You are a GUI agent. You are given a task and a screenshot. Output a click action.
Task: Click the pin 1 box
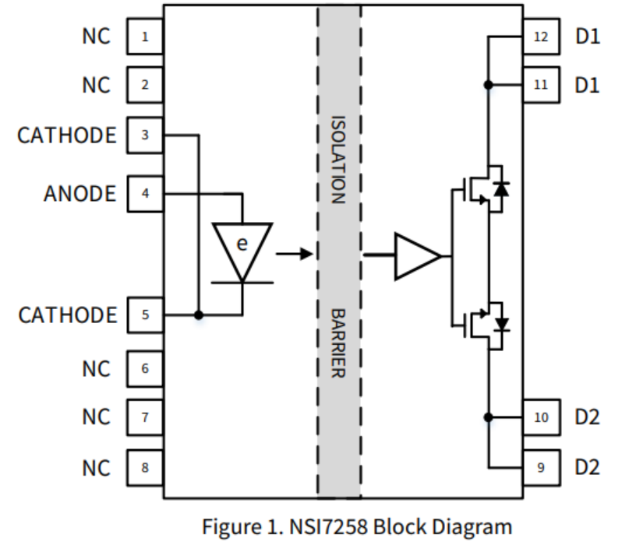144,37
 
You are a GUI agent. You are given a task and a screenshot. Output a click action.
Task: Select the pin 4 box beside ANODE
144,193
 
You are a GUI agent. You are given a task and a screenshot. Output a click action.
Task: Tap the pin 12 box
541,37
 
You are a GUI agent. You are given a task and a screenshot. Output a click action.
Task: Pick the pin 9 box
541,468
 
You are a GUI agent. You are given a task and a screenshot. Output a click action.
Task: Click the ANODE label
79,193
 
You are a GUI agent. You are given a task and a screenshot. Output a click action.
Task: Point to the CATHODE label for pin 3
66,135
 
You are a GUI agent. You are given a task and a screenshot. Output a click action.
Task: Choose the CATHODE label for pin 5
67,315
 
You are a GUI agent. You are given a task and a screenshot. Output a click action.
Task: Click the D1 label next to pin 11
588,84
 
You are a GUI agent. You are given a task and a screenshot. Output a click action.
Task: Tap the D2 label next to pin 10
588,417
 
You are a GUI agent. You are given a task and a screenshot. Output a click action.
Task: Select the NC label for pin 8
97,468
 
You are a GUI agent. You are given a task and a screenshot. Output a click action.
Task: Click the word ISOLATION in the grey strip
338,160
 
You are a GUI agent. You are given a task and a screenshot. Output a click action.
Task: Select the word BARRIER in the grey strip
338,343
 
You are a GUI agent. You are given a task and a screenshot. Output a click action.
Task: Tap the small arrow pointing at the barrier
294,254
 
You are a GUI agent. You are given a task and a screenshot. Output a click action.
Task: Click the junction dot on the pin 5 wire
199,315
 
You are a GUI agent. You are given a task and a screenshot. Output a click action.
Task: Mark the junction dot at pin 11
488,84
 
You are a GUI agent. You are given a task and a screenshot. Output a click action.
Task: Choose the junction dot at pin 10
488,417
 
